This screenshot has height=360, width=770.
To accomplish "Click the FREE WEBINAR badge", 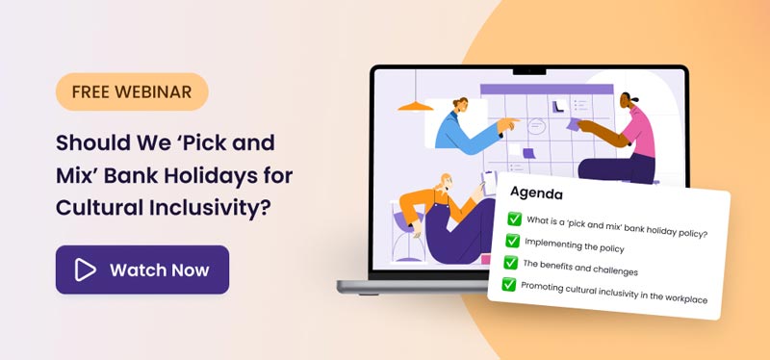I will [x=132, y=92].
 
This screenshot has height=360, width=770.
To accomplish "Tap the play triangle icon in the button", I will [x=86, y=270].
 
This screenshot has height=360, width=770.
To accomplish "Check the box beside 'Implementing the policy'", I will [x=512, y=240].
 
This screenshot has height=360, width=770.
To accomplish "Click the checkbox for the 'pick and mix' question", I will [x=514, y=219].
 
